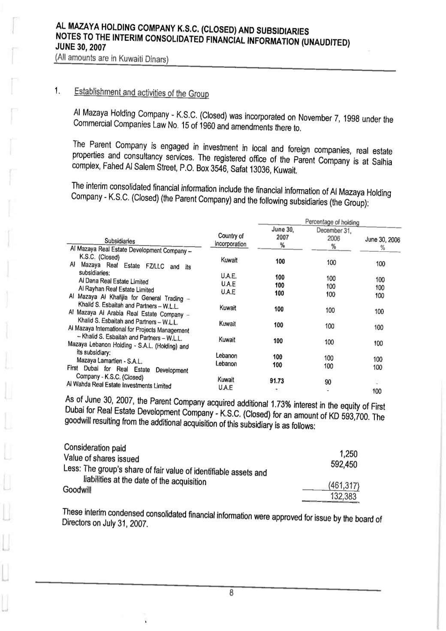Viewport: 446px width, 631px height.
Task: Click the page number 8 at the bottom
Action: point(231,594)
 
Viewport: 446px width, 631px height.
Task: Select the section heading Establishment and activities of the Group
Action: point(141,92)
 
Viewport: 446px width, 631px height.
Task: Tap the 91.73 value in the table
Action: point(277,381)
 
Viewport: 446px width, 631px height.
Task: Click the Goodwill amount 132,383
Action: point(344,497)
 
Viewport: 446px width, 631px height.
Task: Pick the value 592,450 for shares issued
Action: point(344,464)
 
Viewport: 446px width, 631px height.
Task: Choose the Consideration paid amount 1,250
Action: point(348,454)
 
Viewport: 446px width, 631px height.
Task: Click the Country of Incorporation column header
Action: point(231,240)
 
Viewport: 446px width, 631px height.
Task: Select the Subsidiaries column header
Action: point(120,241)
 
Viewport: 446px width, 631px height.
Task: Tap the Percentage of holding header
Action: point(332,222)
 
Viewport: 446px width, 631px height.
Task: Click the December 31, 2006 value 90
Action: point(328,382)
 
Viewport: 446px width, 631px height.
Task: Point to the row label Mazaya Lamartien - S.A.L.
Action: point(109,361)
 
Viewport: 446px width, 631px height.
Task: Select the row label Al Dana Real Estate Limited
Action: point(113,281)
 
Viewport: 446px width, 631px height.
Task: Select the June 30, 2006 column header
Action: point(382,240)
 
